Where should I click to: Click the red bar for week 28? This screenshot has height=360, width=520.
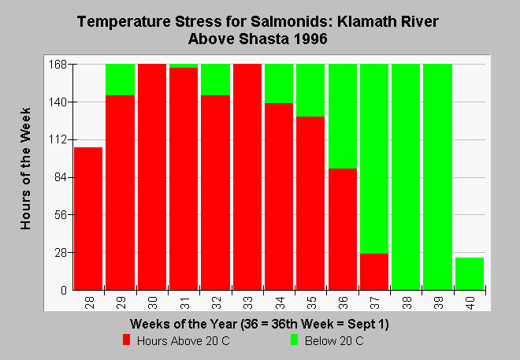pos(88,219)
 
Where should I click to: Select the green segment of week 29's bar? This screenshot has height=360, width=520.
pos(120,80)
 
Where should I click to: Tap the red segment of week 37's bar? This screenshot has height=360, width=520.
pos(374,272)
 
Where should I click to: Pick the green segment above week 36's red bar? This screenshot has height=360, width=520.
pos(343,117)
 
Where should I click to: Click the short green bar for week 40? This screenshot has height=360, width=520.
pos(470,274)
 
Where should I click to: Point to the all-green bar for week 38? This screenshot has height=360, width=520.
pos(406,177)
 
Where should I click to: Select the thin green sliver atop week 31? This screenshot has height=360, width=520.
pos(184,65)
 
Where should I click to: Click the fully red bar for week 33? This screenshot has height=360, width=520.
pos(247,177)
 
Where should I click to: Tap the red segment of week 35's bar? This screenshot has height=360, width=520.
pos(310,203)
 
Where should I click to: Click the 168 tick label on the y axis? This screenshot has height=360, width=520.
pos(58,64)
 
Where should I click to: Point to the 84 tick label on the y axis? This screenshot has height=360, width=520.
pos(61,177)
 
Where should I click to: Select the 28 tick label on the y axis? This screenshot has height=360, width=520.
pos(61,253)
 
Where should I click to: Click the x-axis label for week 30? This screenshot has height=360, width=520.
pos(153,303)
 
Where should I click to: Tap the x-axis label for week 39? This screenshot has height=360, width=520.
pos(438,303)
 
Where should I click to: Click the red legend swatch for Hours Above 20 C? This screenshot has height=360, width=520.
pos(126,340)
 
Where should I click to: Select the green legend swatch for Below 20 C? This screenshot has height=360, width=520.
pos(294,340)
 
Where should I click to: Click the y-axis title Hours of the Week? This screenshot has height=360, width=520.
pos(25,169)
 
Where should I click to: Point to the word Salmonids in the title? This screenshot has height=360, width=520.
pos(292,21)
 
